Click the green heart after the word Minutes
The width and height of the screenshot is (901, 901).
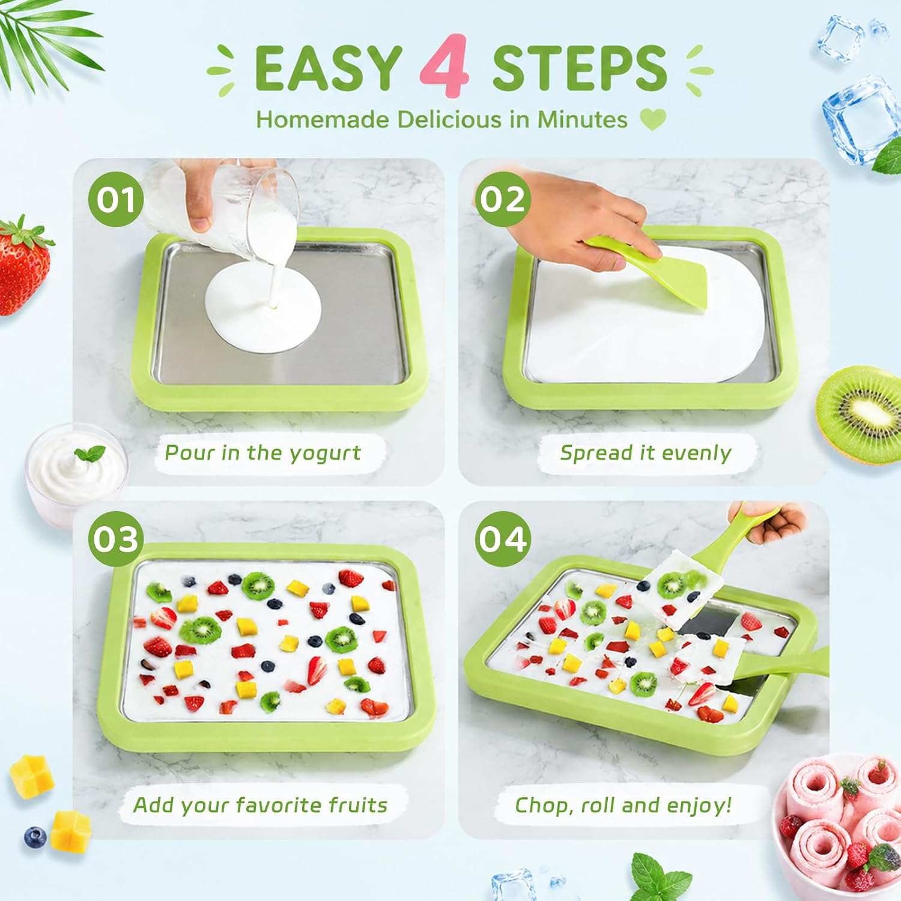click(x=653, y=119)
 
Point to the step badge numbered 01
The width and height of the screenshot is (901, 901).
click(x=116, y=199)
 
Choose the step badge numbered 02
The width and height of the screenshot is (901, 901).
click(x=502, y=199)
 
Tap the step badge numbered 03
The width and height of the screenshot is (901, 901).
click(x=116, y=539)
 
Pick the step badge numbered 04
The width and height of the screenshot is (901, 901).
click(x=502, y=539)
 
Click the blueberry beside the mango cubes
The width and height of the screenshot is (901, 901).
click(x=35, y=837)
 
